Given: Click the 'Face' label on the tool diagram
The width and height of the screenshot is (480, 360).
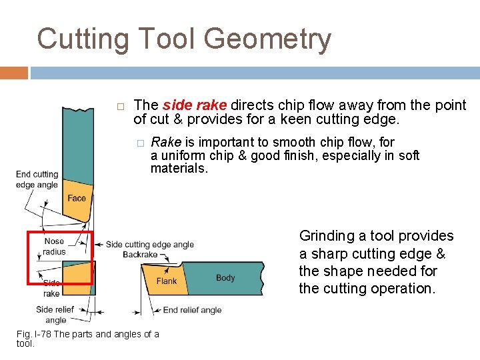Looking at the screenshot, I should [77, 198].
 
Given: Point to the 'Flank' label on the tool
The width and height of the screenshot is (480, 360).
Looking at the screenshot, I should [167, 281].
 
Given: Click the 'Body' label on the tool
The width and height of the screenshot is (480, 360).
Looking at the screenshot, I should [225, 277].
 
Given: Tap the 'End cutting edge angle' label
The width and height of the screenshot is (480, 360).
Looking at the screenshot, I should [37, 179].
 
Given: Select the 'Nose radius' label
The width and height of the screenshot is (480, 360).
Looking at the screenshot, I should [54, 246].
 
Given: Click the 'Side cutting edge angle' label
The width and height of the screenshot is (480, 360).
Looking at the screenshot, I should [150, 245].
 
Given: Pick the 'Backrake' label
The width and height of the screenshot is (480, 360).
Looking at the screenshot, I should [140, 255].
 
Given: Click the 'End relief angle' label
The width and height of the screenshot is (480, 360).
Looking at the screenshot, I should [192, 309].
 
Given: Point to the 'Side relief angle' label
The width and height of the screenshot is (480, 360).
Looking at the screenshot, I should [55, 315].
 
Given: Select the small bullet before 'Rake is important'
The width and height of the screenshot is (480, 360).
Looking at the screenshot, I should [140, 143].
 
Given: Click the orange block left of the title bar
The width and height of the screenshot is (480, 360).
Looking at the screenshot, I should [14, 73].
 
